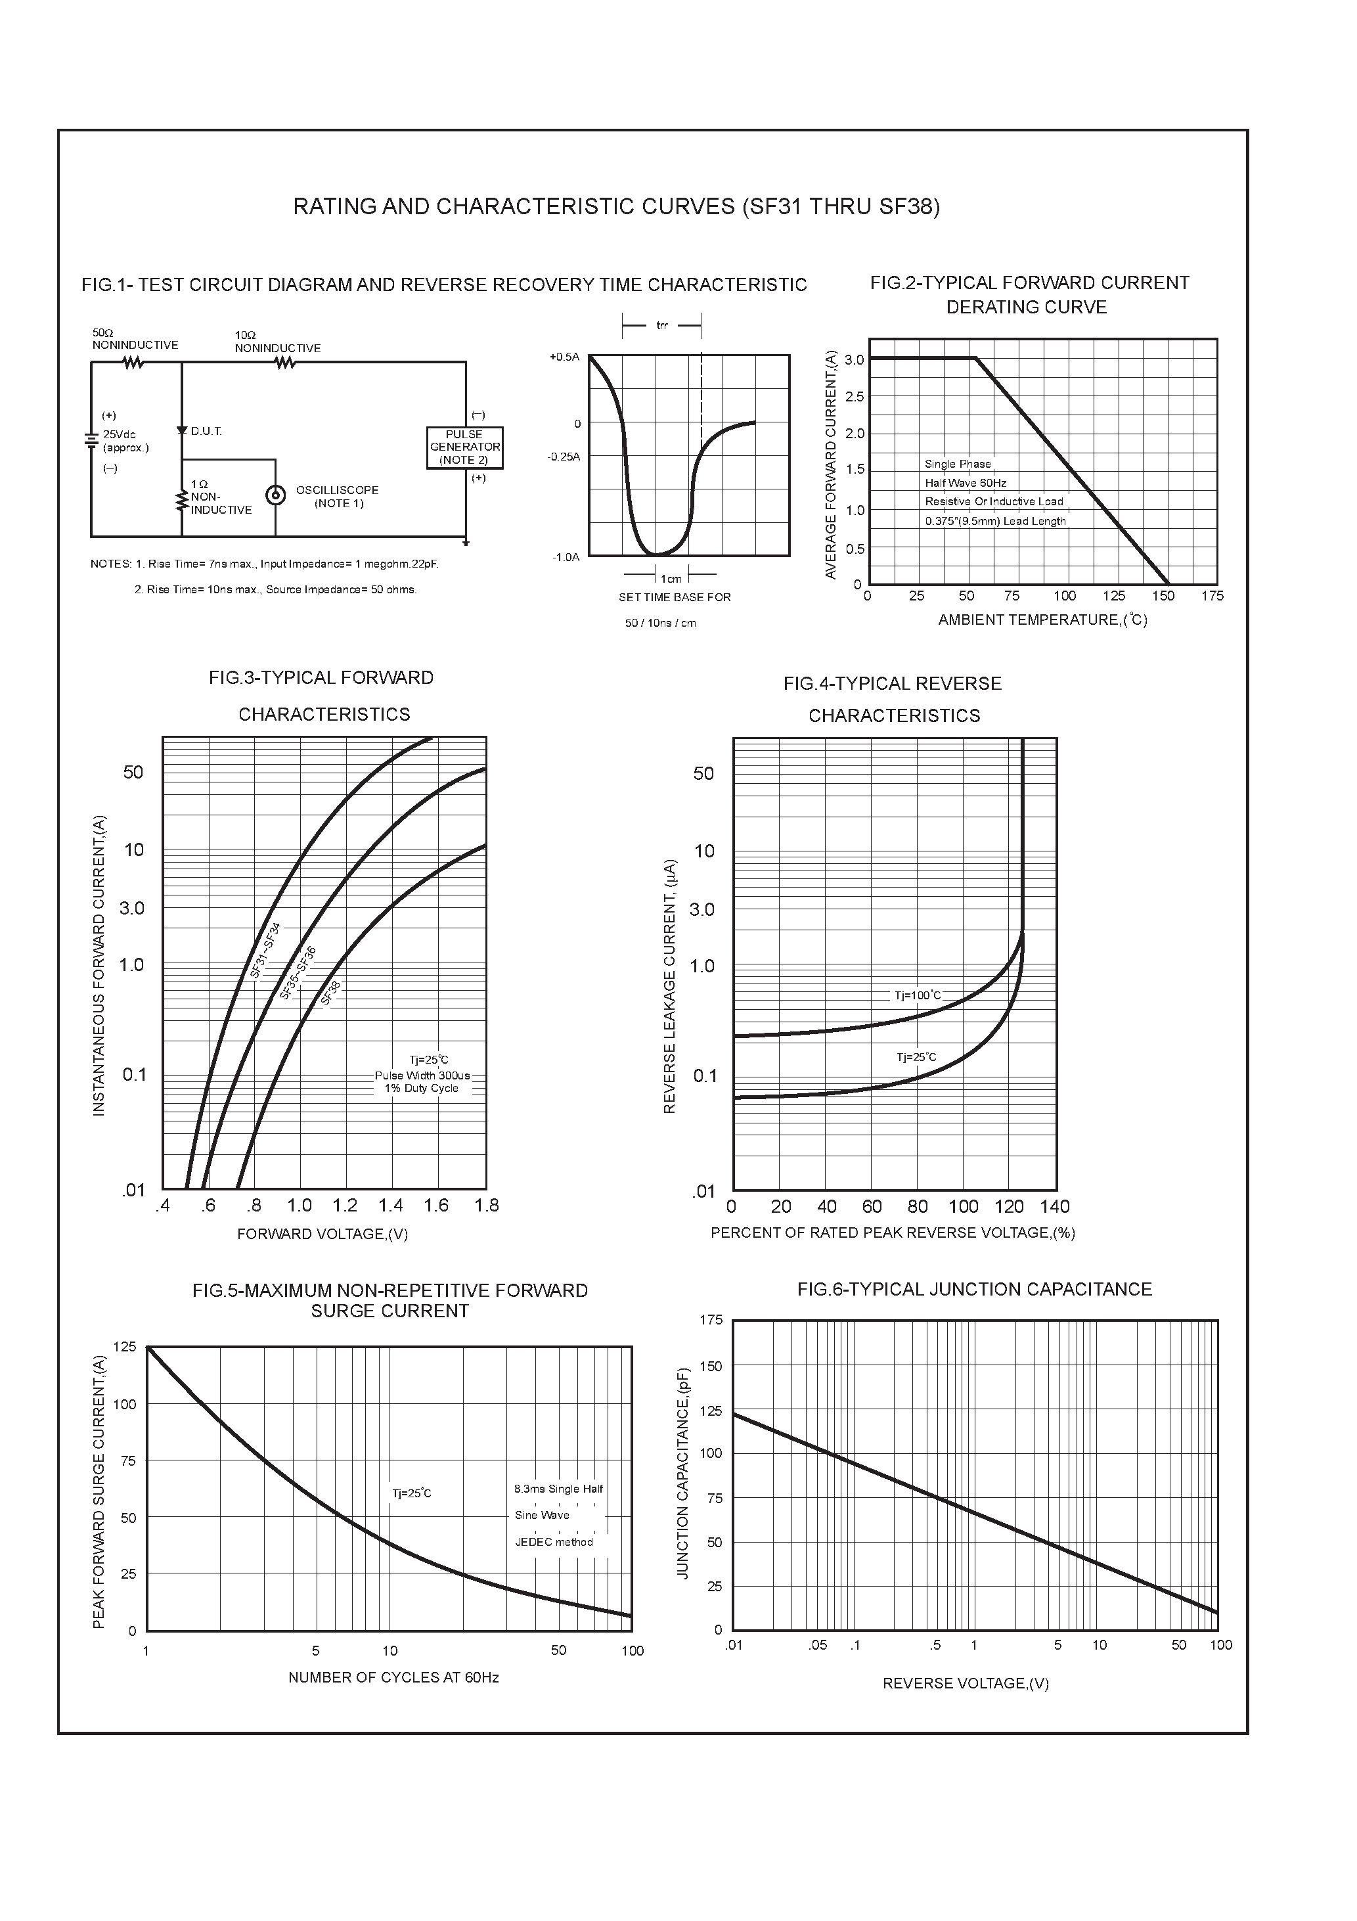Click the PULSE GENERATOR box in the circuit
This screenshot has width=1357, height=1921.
coord(464,447)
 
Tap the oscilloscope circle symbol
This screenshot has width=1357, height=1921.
coord(275,495)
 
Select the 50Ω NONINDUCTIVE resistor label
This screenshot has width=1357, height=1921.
coord(135,340)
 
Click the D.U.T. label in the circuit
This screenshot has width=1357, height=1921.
coord(206,432)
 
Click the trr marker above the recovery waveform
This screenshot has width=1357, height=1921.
coord(662,325)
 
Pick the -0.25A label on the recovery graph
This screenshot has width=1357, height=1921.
coord(563,457)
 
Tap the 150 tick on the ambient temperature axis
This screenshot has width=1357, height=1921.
coord(1163,597)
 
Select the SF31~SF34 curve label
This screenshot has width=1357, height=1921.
coord(266,951)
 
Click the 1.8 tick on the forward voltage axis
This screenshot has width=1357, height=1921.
coord(486,1206)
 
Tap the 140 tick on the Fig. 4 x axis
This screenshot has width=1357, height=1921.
coord(1055,1206)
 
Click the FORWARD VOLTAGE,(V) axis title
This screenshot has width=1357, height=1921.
coord(322,1234)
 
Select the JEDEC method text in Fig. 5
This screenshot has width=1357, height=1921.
coord(554,1542)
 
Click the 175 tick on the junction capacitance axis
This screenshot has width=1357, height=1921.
coord(711,1321)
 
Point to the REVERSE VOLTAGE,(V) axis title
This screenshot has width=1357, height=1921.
coord(966,1683)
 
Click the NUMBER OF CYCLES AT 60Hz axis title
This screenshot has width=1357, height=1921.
coord(393,1677)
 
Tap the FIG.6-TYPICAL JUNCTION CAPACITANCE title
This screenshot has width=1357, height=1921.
coord(974,1289)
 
